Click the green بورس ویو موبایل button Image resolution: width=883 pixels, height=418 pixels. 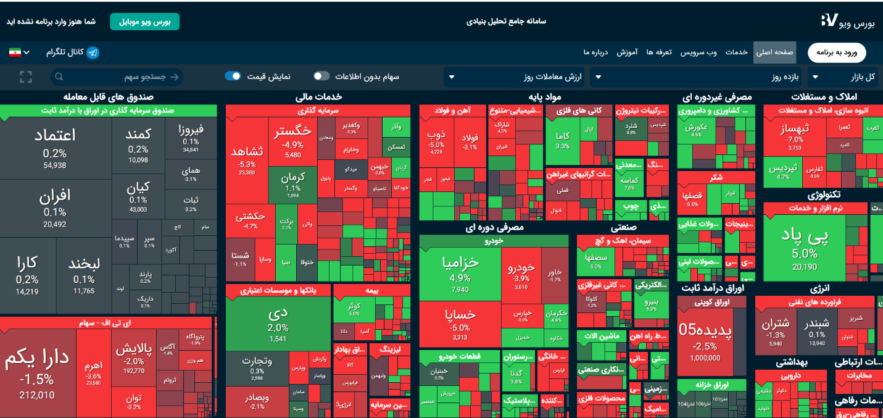point(144,22)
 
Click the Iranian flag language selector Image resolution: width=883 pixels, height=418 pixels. point(19,52)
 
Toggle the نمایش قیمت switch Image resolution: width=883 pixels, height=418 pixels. point(233,77)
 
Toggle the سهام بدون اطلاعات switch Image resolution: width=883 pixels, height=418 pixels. point(321,77)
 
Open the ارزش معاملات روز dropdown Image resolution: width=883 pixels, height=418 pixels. point(515,77)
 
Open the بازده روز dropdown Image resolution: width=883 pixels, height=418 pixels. point(695,77)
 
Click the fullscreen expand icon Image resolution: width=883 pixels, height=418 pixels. point(25,77)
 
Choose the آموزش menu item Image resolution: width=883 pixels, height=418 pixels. point(626,52)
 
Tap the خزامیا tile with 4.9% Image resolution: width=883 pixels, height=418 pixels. point(460,272)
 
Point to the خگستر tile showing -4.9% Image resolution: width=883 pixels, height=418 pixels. point(292,139)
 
